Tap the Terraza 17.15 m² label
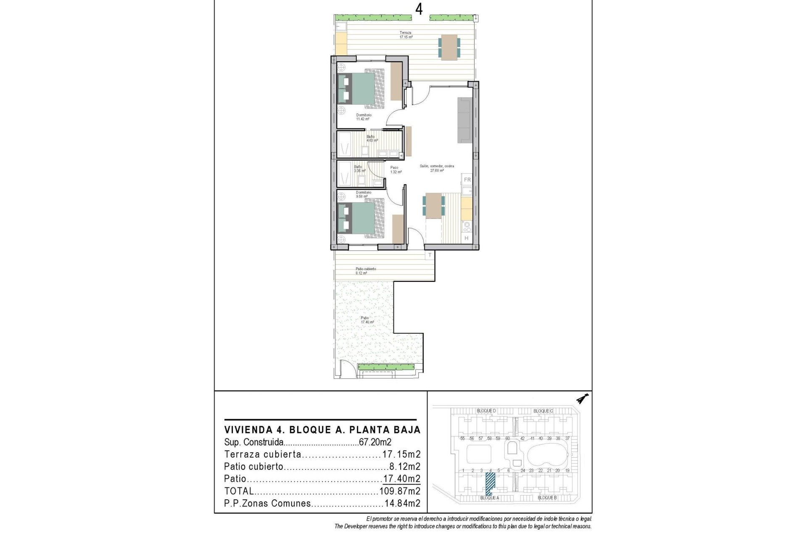tap(406, 35)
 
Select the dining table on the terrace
tap(449, 47)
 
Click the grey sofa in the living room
tap(465, 120)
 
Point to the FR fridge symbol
tap(467, 180)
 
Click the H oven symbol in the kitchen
tap(467, 238)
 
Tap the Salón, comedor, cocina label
tap(437, 168)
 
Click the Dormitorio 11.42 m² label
tap(364, 117)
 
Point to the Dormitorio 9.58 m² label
tap(363, 194)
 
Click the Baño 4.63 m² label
tap(371, 138)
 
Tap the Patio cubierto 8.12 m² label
tap(365, 271)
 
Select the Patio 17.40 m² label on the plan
tap(367, 320)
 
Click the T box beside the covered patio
tap(430, 255)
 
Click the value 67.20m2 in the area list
tap(375, 442)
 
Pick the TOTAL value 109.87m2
tap(399, 491)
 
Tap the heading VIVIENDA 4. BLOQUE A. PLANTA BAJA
tap(322, 430)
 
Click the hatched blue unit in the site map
tap(490, 483)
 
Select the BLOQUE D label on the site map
tap(486, 411)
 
